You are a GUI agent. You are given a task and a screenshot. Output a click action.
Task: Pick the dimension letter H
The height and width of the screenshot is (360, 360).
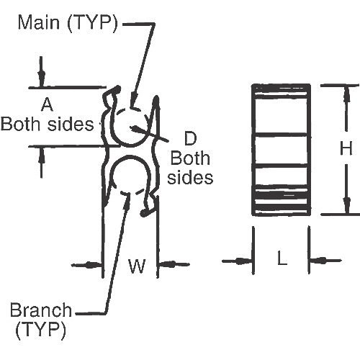click(x=346, y=149)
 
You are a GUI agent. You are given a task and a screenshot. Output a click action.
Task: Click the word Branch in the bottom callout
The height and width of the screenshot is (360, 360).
click(x=41, y=311)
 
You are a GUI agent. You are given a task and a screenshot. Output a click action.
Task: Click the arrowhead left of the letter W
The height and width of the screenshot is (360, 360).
click(x=95, y=265)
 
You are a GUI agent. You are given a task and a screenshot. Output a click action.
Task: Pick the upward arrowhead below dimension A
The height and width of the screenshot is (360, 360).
click(x=41, y=153)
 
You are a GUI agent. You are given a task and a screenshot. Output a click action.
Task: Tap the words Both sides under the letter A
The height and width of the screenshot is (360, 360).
click(x=47, y=124)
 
